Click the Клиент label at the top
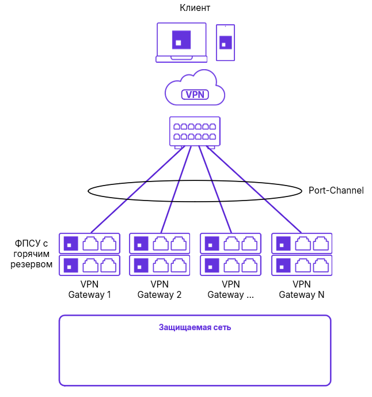[195, 8]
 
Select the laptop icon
[181, 42]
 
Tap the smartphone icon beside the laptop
[225, 42]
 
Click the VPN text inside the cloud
[195, 94]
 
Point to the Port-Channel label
[336, 190]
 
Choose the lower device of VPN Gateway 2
[160, 266]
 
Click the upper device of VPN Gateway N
[302, 244]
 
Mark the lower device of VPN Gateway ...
[230, 266]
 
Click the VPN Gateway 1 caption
[89, 289]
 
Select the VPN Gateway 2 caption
[160, 289]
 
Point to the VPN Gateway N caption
[302, 289]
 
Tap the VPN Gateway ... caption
[230, 289]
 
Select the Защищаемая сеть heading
[195, 327]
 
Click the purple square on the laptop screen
[181, 40]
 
